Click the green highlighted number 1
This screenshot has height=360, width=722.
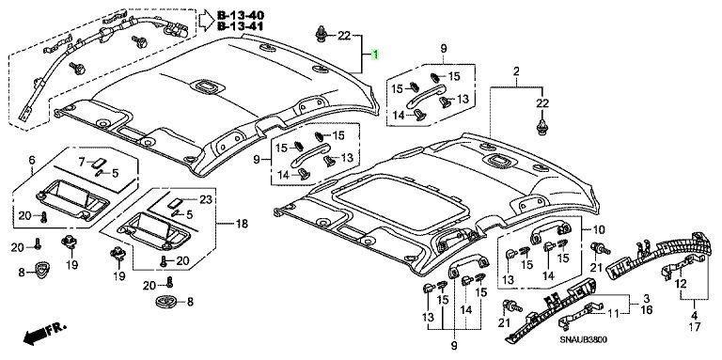pyautogui.click(x=375, y=55)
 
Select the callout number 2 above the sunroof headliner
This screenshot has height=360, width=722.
pyautogui.click(x=516, y=71)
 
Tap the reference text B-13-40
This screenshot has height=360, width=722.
pyautogui.click(x=241, y=16)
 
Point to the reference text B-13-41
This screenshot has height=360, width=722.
pyautogui.click(x=241, y=25)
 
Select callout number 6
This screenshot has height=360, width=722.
pyautogui.click(x=32, y=160)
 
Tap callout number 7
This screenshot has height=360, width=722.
pyautogui.click(x=82, y=162)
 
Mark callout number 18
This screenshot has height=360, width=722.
pyautogui.click(x=242, y=225)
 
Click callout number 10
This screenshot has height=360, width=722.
pyautogui.click(x=600, y=229)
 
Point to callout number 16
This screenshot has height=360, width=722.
pyautogui.click(x=647, y=310)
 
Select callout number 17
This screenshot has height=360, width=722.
pyautogui.click(x=695, y=327)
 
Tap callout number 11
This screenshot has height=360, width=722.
pyautogui.click(x=613, y=314)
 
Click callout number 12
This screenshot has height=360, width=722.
pyautogui.click(x=681, y=283)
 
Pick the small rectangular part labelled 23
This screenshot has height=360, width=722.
pyautogui.click(x=174, y=202)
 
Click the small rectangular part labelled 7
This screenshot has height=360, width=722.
pyautogui.click(x=99, y=163)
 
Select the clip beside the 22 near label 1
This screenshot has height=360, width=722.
pyautogui.click(x=321, y=35)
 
